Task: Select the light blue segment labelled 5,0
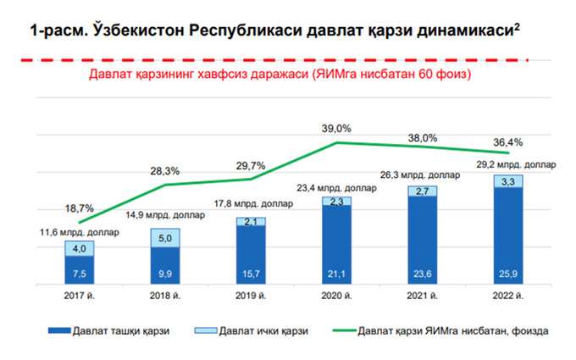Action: click(x=165, y=238)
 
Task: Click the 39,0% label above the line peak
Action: click(x=337, y=128)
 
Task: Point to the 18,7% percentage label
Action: click(x=79, y=208)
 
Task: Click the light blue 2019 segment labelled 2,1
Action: click(x=251, y=222)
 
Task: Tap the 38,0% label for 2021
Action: click(x=423, y=137)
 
